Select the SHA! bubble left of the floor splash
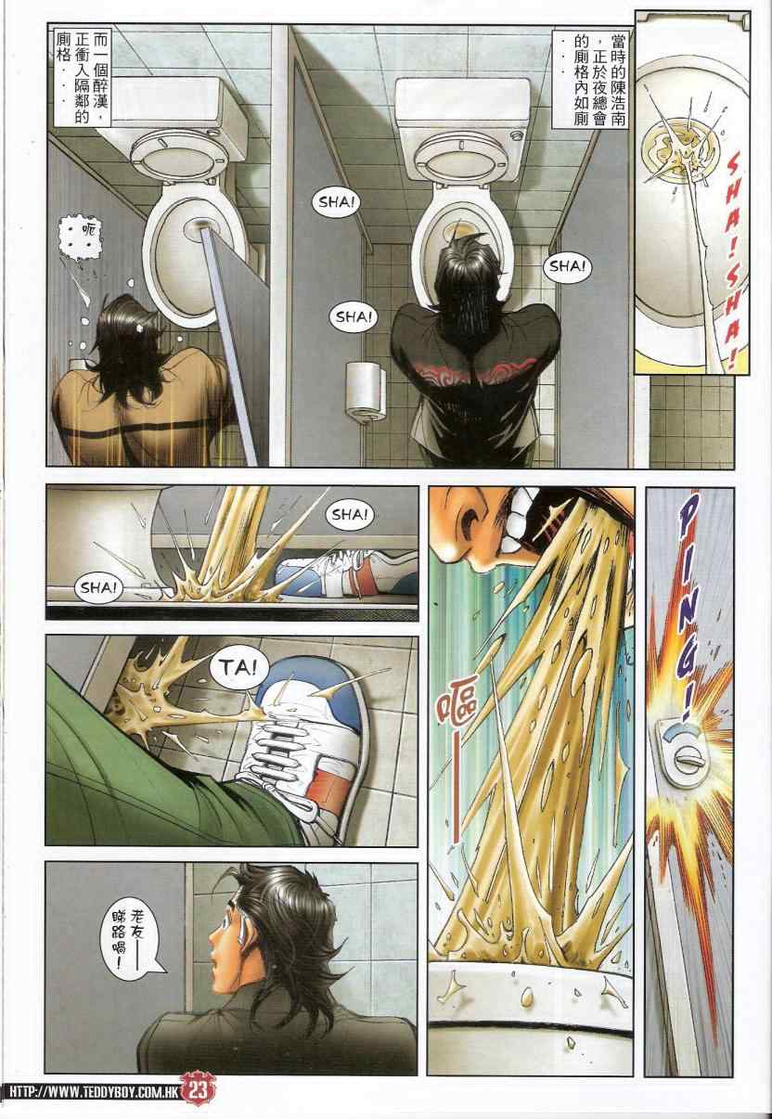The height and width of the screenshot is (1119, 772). click(x=98, y=587)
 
